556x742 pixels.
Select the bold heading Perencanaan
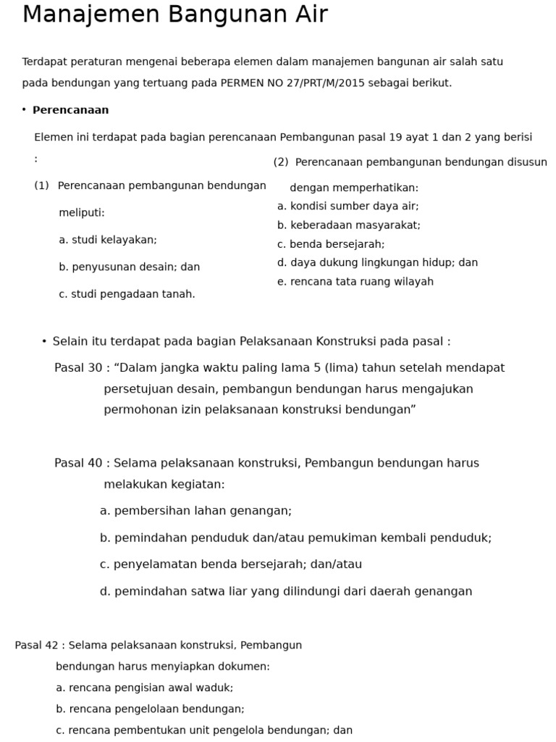(x=70, y=110)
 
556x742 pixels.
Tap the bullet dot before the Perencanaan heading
(x=24, y=110)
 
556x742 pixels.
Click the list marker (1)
(x=41, y=185)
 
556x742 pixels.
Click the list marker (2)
(x=281, y=162)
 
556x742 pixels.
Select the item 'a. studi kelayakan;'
(x=108, y=240)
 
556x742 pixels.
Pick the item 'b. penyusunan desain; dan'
(x=129, y=267)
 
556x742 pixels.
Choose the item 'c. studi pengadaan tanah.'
(x=127, y=294)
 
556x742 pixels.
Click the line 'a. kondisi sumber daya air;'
(x=347, y=207)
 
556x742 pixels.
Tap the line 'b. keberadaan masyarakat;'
(x=348, y=225)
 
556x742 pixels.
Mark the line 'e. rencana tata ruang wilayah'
(x=355, y=282)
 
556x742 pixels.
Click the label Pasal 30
(x=78, y=368)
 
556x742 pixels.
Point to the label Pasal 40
(x=78, y=463)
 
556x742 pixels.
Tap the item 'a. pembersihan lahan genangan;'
(x=195, y=511)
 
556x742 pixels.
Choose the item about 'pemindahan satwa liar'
(x=286, y=591)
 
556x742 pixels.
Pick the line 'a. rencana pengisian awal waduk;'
(x=144, y=688)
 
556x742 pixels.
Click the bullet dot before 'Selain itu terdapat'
(x=44, y=341)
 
